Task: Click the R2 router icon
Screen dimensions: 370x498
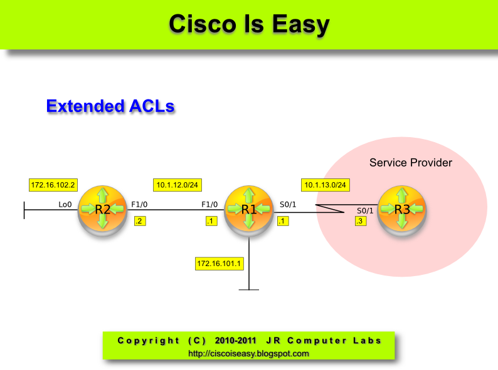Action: click(x=103, y=210)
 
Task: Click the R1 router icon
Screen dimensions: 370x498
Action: click(x=249, y=210)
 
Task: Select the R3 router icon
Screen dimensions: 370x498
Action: click(x=401, y=210)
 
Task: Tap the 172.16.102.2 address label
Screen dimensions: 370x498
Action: click(x=53, y=185)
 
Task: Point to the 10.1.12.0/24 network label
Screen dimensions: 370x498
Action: click(x=177, y=185)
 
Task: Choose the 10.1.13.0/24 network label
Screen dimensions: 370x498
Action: click(x=326, y=185)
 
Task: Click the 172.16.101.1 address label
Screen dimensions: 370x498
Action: click(x=219, y=264)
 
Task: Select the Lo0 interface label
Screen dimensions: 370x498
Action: click(x=65, y=204)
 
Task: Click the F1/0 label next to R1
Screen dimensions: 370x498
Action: click(x=209, y=204)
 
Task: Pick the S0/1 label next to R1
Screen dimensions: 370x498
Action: click(x=288, y=204)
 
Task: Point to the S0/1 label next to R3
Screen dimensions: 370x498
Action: click(x=365, y=211)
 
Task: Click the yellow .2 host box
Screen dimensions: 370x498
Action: click(x=140, y=220)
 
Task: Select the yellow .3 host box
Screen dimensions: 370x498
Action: click(x=360, y=221)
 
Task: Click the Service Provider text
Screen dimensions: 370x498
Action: click(x=410, y=163)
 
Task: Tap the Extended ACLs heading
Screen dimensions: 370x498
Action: click(x=110, y=106)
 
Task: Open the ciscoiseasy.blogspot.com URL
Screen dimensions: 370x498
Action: click(x=248, y=354)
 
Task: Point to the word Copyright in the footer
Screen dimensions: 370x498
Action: click(x=148, y=341)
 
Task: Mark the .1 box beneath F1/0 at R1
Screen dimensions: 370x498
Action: click(x=211, y=220)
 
